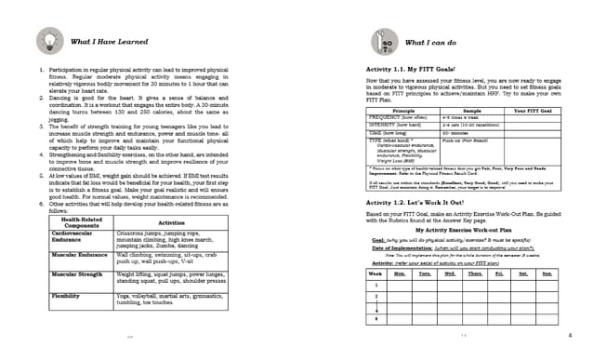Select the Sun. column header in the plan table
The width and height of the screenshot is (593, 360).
coord(547,275)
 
